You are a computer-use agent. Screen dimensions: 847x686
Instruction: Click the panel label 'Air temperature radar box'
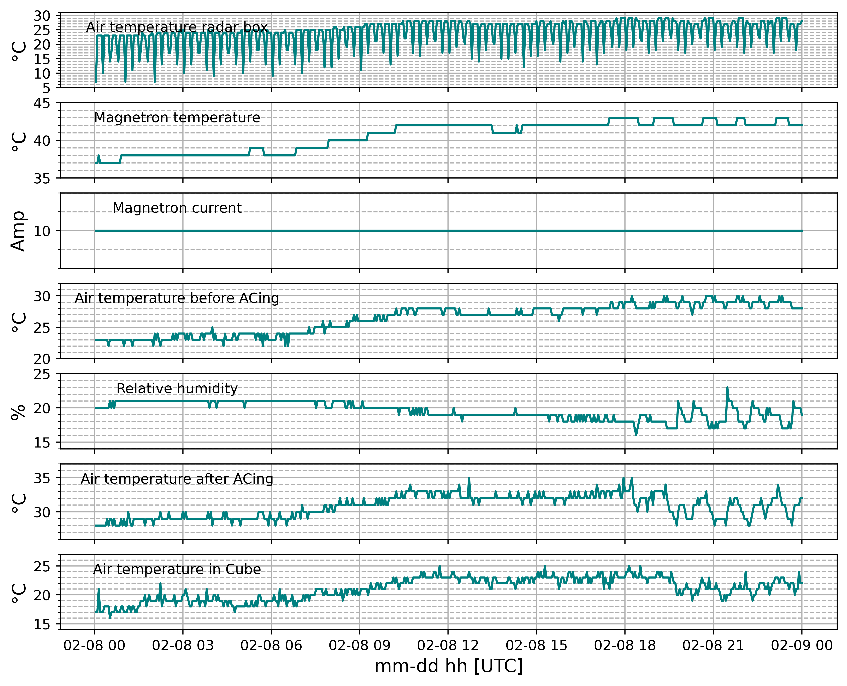(177, 27)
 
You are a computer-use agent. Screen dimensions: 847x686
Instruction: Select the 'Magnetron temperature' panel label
(177, 118)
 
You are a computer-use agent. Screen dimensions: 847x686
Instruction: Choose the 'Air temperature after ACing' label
(177, 479)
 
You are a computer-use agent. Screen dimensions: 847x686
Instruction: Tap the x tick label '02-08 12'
(448, 646)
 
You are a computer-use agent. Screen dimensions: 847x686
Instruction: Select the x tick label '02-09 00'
(802, 646)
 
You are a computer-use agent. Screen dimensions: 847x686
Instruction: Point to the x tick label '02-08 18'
(625, 646)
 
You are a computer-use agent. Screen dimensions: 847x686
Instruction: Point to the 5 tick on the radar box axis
(47, 88)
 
